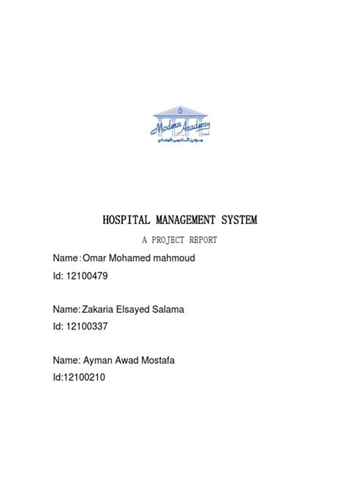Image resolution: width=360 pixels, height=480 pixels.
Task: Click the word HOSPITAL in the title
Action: tap(128, 221)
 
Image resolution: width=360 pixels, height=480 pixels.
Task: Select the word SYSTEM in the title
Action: tap(238, 221)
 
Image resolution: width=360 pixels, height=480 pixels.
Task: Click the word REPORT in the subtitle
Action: tap(216, 241)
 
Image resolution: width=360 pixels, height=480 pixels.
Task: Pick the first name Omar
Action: tap(104, 259)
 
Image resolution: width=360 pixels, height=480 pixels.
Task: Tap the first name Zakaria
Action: tap(106, 310)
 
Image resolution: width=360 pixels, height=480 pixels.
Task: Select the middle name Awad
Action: tap(137, 360)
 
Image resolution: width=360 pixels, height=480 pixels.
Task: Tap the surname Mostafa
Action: tap(169, 360)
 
